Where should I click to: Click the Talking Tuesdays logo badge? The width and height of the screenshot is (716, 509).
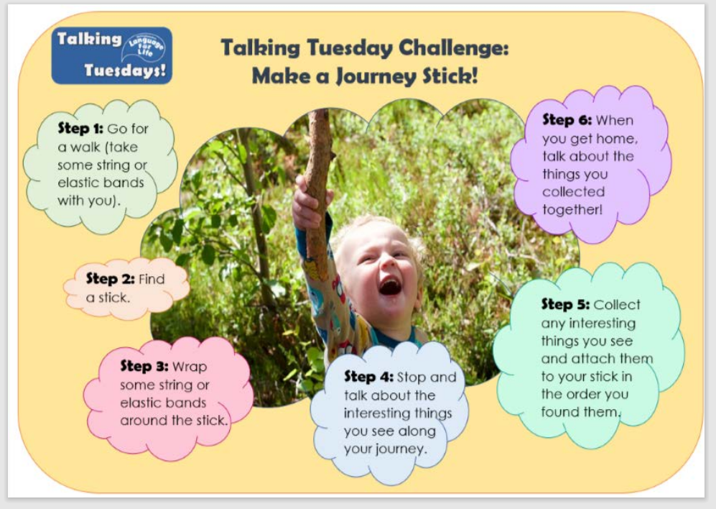click(112, 55)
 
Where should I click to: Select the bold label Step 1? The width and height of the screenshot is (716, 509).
click(80, 128)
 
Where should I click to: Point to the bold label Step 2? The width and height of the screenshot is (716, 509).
click(110, 278)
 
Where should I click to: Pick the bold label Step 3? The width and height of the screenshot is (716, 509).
click(144, 366)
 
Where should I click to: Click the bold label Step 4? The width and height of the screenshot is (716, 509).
click(368, 377)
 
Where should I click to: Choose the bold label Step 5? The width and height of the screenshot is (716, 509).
click(565, 304)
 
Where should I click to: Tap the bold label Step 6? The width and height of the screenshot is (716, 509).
click(567, 120)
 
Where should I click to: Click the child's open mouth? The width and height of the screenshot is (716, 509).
click(390, 286)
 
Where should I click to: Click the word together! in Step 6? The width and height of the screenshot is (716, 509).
click(572, 209)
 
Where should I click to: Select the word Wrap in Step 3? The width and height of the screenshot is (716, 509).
click(190, 367)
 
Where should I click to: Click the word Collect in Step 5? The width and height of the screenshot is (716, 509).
click(617, 305)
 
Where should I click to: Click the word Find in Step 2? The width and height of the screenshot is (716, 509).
click(151, 279)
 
